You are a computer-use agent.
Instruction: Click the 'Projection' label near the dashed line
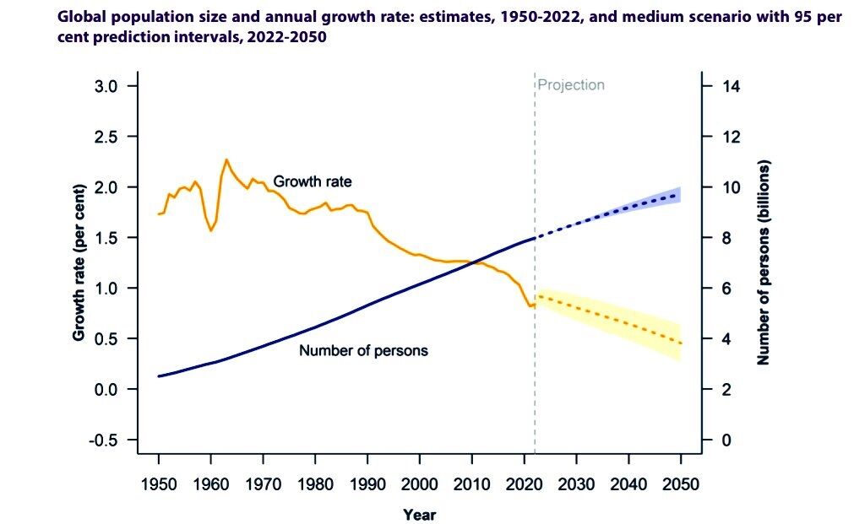tap(572, 84)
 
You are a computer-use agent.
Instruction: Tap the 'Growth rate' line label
tap(313, 181)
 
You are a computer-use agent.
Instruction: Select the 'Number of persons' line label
tap(363, 350)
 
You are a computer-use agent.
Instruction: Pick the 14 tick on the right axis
tap(727, 86)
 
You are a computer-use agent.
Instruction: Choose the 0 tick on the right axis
tap(724, 440)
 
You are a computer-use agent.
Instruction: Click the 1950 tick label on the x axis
tap(158, 483)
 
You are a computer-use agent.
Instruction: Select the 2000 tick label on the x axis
tap(419, 483)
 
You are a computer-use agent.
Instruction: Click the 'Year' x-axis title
tap(419, 514)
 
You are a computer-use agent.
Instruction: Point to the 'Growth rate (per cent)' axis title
tap(79, 263)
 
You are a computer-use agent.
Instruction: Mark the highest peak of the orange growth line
tap(226, 159)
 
